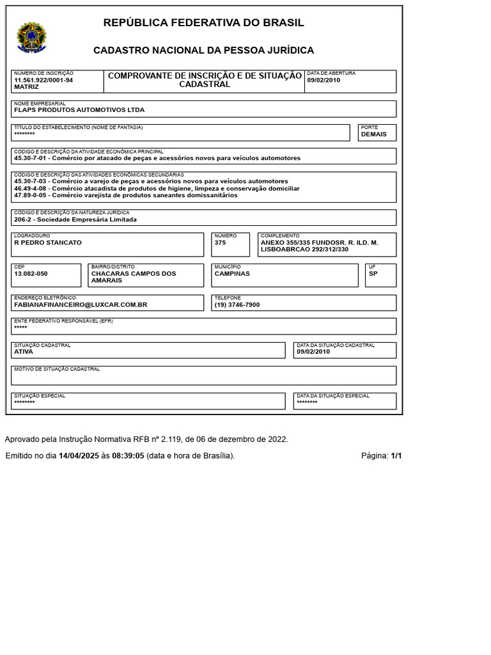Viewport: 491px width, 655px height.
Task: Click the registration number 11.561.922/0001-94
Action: (x=43, y=80)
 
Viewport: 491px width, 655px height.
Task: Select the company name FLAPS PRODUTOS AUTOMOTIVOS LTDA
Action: (x=79, y=110)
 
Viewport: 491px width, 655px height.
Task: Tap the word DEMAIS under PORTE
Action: (x=374, y=134)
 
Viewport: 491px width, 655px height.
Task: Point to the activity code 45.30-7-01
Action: (x=31, y=157)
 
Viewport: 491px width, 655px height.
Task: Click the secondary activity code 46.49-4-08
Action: (x=31, y=188)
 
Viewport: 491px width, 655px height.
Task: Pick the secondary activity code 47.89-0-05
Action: (x=31, y=195)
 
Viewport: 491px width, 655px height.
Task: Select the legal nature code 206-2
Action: (x=23, y=219)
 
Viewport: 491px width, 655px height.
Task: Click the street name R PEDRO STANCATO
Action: (x=48, y=243)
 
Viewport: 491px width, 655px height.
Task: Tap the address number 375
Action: (x=221, y=243)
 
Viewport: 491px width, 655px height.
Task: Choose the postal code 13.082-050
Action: (x=31, y=274)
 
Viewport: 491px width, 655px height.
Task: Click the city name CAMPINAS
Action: (x=232, y=274)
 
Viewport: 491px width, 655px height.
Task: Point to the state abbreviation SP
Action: (x=373, y=274)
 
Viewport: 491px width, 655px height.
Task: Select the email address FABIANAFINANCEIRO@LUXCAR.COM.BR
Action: (x=81, y=305)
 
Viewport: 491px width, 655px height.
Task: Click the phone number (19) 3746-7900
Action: (x=237, y=305)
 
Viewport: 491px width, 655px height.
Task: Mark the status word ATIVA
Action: (x=24, y=352)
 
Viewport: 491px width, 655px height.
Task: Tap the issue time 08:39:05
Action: (x=129, y=456)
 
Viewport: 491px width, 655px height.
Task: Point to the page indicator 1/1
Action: (x=396, y=456)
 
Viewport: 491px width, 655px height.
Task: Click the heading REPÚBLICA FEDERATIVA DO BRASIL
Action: (x=204, y=23)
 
